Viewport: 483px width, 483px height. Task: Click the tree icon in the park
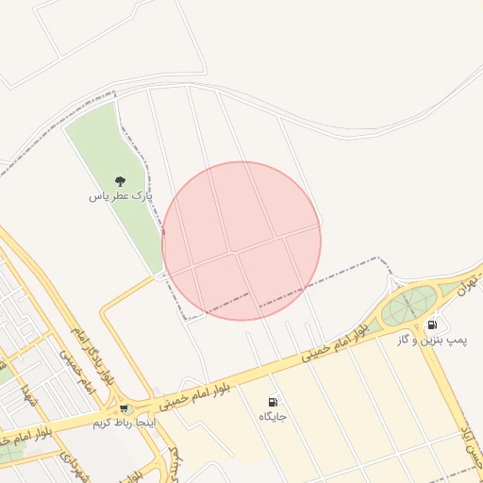tap(120, 180)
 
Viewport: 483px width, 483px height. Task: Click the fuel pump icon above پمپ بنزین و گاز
tap(432, 325)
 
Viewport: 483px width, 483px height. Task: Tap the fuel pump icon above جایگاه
tap(273, 401)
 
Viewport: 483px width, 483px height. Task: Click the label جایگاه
tap(273, 415)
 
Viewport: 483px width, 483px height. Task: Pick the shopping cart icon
tap(124, 408)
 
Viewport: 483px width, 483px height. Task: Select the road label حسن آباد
tap(469, 451)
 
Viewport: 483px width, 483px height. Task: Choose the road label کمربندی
tap(175, 462)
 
